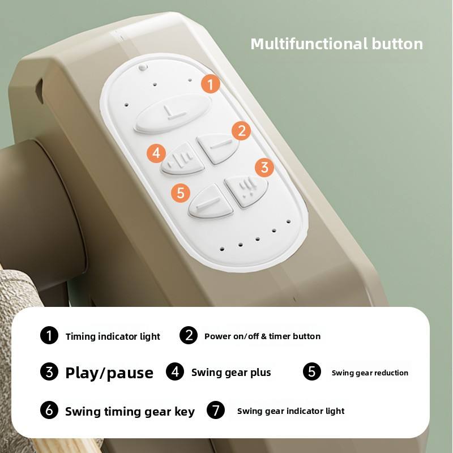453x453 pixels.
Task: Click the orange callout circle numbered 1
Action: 211,84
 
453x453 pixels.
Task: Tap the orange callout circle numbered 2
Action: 241,131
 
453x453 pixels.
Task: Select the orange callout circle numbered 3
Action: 264,167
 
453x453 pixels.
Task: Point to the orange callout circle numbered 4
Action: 156,153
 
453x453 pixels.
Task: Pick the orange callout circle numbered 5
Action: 181,193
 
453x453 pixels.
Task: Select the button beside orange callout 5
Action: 210,202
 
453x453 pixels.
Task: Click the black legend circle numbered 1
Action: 49,335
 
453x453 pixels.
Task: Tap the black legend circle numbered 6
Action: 49,410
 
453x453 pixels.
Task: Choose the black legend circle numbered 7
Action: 216,410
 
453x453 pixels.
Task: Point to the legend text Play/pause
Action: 109,373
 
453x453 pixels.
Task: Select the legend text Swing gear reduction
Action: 370,373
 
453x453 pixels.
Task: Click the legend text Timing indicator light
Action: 113,336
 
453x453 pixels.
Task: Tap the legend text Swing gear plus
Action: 231,373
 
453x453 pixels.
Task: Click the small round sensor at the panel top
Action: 143,67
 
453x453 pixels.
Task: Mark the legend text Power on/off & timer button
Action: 262,336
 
